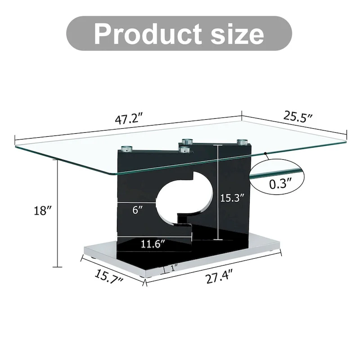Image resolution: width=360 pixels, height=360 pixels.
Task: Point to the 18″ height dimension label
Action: [x=43, y=211]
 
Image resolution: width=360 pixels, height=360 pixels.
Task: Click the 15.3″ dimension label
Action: [x=232, y=197]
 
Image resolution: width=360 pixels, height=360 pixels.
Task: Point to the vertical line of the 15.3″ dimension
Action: [x=219, y=193]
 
